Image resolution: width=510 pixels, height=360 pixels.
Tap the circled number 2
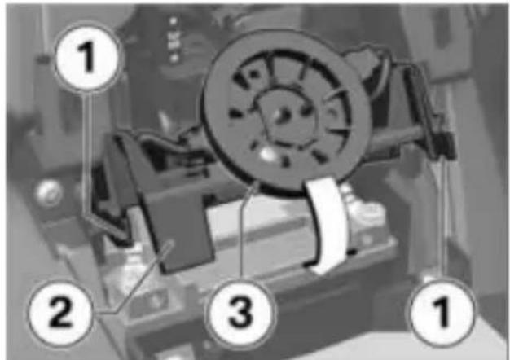click(x=62, y=312)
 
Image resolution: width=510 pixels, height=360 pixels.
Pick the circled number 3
click(x=241, y=312)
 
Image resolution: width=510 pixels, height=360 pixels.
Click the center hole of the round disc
click(x=283, y=115)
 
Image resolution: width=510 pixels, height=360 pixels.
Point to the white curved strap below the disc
click(x=326, y=225)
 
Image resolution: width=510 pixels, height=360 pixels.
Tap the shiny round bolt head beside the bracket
click(x=49, y=193)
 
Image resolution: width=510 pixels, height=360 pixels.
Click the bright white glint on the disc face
click(x=266, y=153)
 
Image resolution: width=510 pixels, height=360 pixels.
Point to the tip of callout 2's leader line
click(x=171, y=244)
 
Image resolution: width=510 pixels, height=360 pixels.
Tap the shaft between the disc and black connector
click(x=400, y=140)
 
